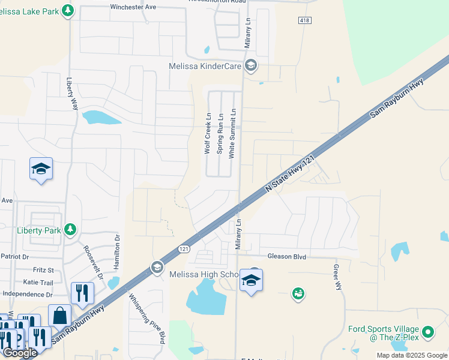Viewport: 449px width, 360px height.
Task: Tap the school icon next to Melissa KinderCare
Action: point(251,65)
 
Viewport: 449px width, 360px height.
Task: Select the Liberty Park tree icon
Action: point(70,229)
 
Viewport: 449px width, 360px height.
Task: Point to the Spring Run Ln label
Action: point(220,134)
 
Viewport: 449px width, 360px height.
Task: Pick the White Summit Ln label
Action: point(232,133)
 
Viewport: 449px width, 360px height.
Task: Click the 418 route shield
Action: point(304,20)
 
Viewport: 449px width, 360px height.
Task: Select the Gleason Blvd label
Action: point(287,257)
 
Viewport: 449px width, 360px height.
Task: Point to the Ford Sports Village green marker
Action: point(427,331)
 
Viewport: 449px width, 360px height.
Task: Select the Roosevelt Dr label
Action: point(94,263)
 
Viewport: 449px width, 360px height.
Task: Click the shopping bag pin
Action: point(60,314)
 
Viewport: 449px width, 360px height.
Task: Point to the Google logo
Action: point(20,353)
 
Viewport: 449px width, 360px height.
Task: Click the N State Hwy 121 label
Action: point(291,173)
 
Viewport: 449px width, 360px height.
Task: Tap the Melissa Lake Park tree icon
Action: point(68,10)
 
